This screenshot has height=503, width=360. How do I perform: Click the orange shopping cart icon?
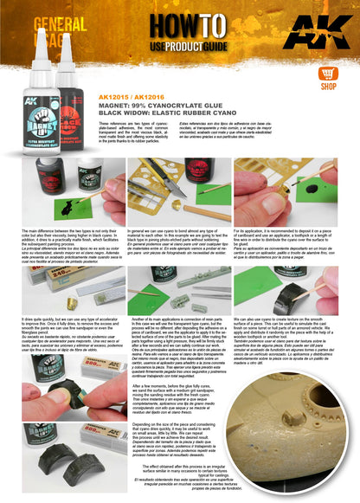328,74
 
